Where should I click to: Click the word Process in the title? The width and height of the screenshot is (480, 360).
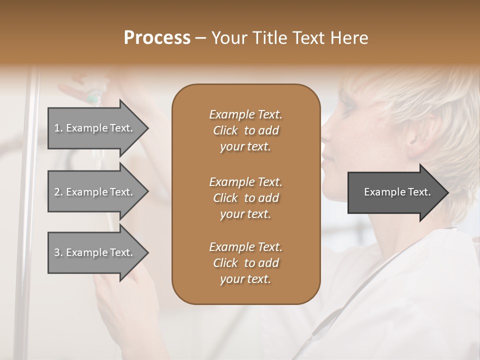click(x=157, y=38)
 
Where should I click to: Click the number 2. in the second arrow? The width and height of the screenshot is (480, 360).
click(x=58, y=192)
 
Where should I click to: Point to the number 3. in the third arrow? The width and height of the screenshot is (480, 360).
click(x=58, y=252)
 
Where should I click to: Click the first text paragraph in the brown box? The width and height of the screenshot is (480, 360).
click(x=245, y=130)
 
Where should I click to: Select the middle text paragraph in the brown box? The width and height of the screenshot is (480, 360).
click(x=245, y=197)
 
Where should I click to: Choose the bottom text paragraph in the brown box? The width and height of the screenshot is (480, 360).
click(x=245, y=263)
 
